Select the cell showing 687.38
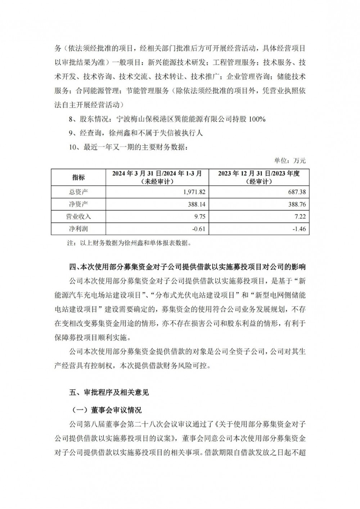click(297, 192)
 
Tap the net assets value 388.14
click(197, 204)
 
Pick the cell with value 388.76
click(297, 204)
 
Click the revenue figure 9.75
click(199, 216)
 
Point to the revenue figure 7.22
click(300, 216)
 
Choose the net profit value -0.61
click(199, 229)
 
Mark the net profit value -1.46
click(299, 229)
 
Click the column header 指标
click(78, 177)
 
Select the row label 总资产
click(78, 192)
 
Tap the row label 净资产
click(78, 204)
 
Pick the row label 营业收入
click(78, 216)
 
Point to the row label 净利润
click(78, 229)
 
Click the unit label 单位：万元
click(290, 161)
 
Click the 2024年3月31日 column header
click(157, 177)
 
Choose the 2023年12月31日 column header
click(258, 177)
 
